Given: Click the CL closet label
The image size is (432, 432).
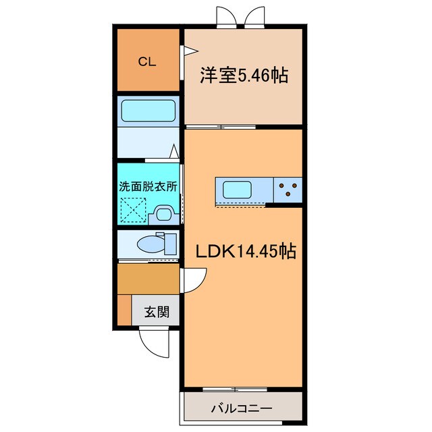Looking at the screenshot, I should (x=147, y=61).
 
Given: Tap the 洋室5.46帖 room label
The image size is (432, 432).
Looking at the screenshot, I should (x=243, y=76).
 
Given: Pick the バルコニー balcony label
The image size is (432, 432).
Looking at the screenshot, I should (x=241, y=408).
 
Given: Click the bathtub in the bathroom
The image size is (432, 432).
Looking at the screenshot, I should (x=147, y=109).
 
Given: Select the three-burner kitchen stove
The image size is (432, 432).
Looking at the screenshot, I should (x=288, y=190).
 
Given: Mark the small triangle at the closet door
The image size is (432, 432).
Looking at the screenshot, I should (x=190, y=51).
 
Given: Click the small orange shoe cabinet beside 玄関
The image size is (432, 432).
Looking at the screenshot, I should (x=124, y=310).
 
